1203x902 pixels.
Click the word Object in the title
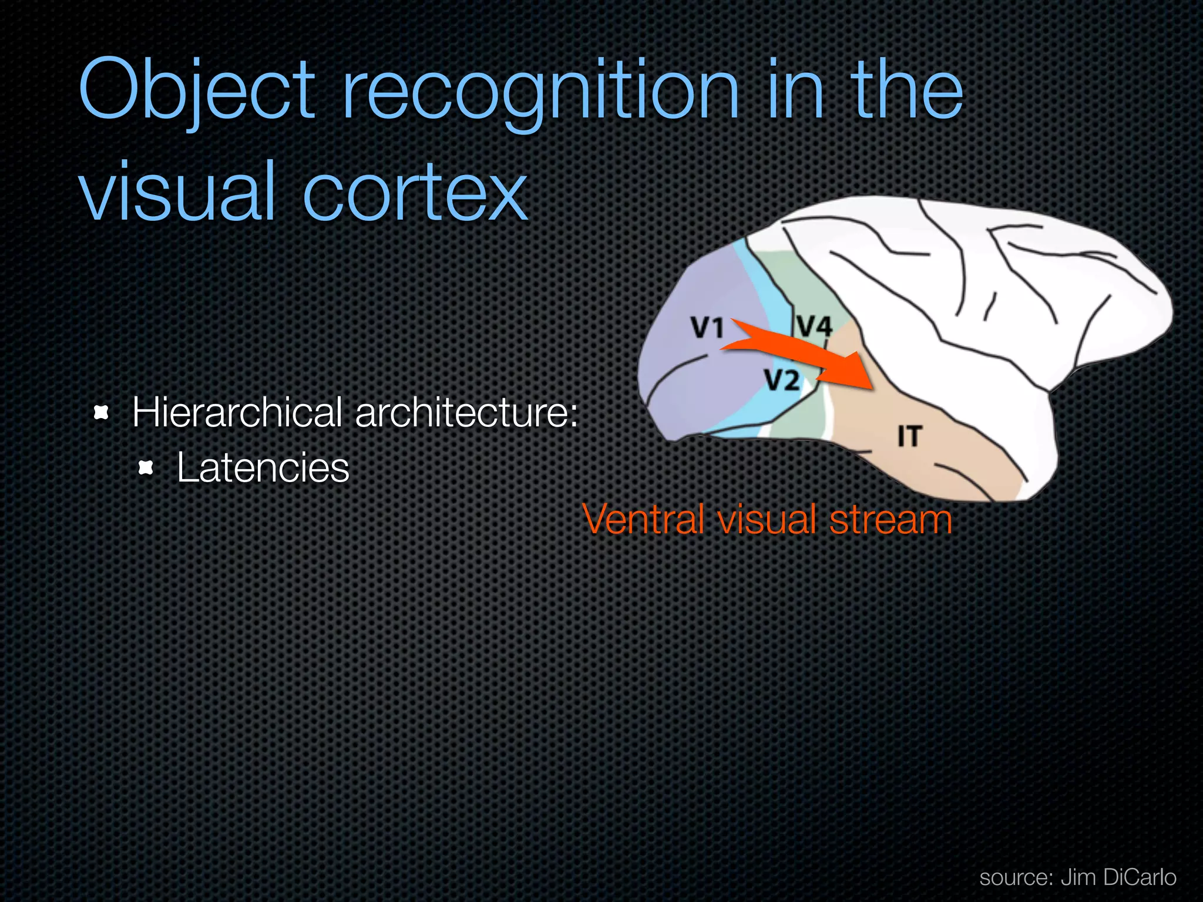pos(197,91)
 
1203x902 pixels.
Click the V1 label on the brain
pos(707,328)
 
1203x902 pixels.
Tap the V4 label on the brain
pos(815,326)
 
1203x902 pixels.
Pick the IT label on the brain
pos(910,436)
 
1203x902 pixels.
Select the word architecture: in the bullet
pos(467,412)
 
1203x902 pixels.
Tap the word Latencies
pos(263,468)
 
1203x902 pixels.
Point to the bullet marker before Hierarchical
pos(102,413)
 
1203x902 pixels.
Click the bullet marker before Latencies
pos(146,468)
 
